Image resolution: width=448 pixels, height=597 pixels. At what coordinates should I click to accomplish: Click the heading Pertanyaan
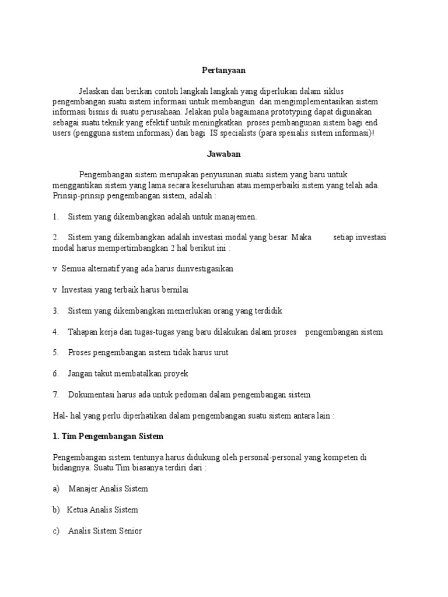[224, 70]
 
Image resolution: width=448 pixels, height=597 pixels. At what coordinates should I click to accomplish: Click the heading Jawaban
[224, 154]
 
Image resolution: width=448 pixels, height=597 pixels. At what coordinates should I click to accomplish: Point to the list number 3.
[55, 311]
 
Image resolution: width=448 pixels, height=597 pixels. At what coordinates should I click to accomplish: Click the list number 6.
[55, 374]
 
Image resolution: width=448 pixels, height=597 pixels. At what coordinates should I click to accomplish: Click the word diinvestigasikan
[201, 269]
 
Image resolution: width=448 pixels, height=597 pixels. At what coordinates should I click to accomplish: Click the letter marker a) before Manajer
[56, 489]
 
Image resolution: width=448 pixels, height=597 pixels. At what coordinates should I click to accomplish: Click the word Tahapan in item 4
[84, 332]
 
